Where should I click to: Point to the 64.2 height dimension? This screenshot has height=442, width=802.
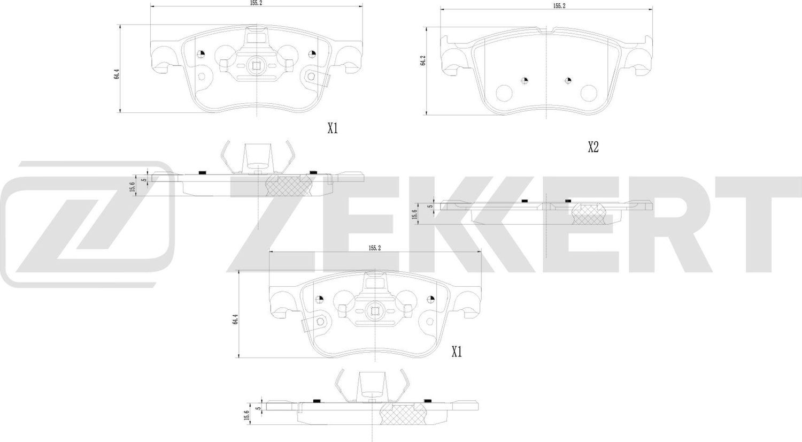click(423, 61)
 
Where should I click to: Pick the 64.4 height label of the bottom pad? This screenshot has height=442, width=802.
click(234, 319)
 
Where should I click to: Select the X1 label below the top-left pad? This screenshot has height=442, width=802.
click(333, 128)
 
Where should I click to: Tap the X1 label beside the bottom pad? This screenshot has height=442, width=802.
click(456, 352)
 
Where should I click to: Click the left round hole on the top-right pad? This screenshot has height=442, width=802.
click(504, 94)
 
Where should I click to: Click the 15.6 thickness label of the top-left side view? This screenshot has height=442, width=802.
click(132, 188)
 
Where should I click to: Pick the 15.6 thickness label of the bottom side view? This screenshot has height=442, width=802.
click(246, 415)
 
